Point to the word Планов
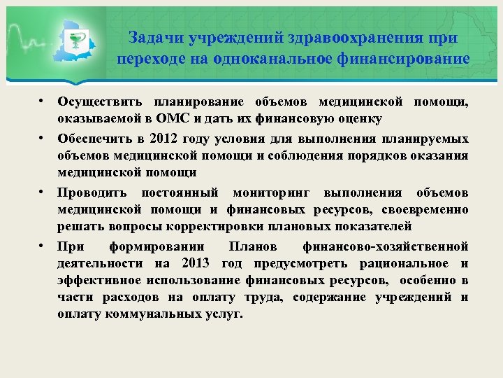(253, 246)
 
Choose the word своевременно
(427, 210)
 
